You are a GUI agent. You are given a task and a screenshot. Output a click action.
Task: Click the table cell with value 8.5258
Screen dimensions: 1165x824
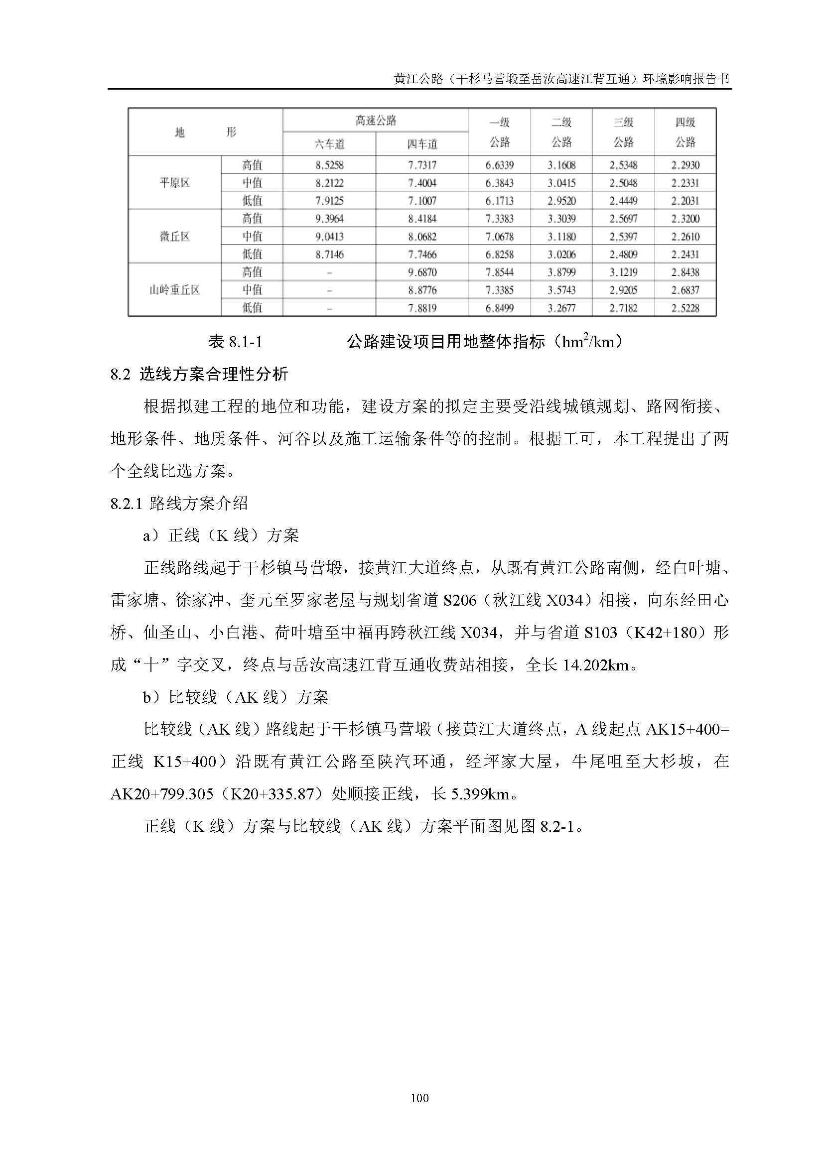[329, 165]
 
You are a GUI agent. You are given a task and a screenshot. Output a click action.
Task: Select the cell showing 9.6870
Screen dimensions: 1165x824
[422, 272]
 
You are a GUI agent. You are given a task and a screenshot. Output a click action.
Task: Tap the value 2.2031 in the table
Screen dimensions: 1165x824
[685, 201]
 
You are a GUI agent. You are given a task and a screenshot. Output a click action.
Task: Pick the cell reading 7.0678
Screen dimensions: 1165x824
[499, 237]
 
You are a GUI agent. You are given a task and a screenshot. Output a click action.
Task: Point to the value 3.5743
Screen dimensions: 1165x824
[561, 290]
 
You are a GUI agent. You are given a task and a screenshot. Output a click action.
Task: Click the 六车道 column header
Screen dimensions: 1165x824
[329, 144]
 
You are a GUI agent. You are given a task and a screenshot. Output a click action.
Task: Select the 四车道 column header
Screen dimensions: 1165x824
[422, 144]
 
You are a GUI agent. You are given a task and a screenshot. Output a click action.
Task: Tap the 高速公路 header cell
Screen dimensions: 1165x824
[376, 121]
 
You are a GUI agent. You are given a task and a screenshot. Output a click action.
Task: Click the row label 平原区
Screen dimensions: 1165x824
[174, 183]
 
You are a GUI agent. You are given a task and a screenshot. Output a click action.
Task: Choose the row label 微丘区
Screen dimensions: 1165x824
[174, 237]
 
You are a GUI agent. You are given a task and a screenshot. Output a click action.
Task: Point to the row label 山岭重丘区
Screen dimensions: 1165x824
[174, 290]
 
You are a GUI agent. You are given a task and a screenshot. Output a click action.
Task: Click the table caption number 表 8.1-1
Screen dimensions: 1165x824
[236, 342]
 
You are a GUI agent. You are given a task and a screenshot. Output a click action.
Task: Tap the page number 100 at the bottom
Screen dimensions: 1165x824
[419, 1098]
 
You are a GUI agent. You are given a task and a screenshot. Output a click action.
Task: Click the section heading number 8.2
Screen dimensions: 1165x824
[120, 375]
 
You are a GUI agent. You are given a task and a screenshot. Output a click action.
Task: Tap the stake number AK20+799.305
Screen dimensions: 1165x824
[162, 793]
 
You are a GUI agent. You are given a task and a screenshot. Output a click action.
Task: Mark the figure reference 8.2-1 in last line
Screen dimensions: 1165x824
[556, 826]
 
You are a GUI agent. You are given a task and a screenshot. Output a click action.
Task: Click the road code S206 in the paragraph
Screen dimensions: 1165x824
[460, 600]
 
